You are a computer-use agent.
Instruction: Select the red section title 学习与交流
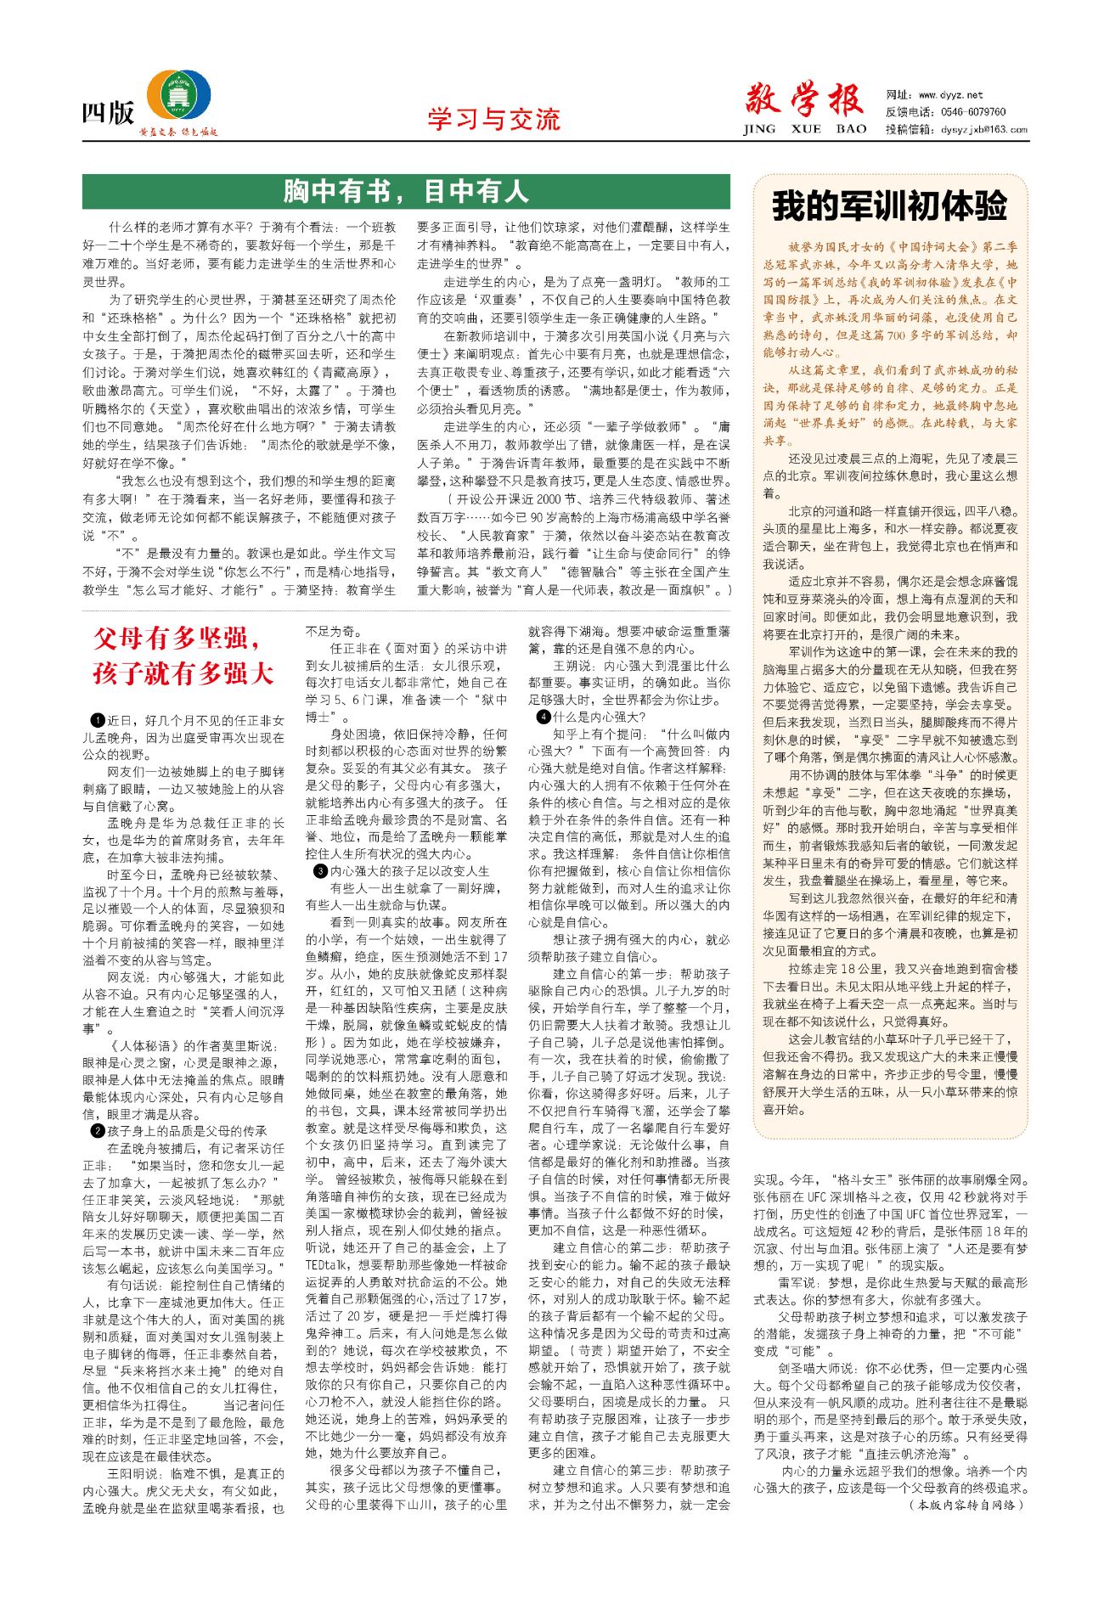[x=493, y=120]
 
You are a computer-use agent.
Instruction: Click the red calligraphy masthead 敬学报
[x=804, y=101]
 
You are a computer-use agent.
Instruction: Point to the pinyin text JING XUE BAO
[x=804, y=130]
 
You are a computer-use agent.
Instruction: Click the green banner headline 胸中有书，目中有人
[x=406, y=192]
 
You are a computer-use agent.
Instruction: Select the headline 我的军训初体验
[x=889, y=206]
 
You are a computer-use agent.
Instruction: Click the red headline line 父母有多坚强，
[x=178, y=639]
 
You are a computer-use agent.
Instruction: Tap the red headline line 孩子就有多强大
[x=183, y=673]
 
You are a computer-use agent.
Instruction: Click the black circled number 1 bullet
[x=99, y=721]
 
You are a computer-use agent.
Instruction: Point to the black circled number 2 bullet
[x=99, y=1131]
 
